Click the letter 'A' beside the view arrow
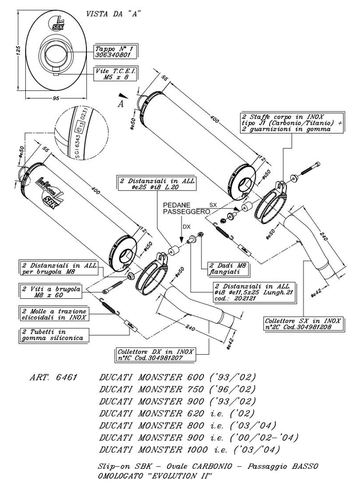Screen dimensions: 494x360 point(120,104)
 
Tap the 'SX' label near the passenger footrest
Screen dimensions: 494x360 point(213,204)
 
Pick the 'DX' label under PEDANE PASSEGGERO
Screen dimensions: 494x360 point(187,226)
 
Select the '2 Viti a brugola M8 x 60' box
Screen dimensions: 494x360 point(51,291)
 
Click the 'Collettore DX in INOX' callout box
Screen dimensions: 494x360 point(156,354)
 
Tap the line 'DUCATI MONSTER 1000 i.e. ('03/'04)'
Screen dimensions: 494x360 point(190,450)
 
